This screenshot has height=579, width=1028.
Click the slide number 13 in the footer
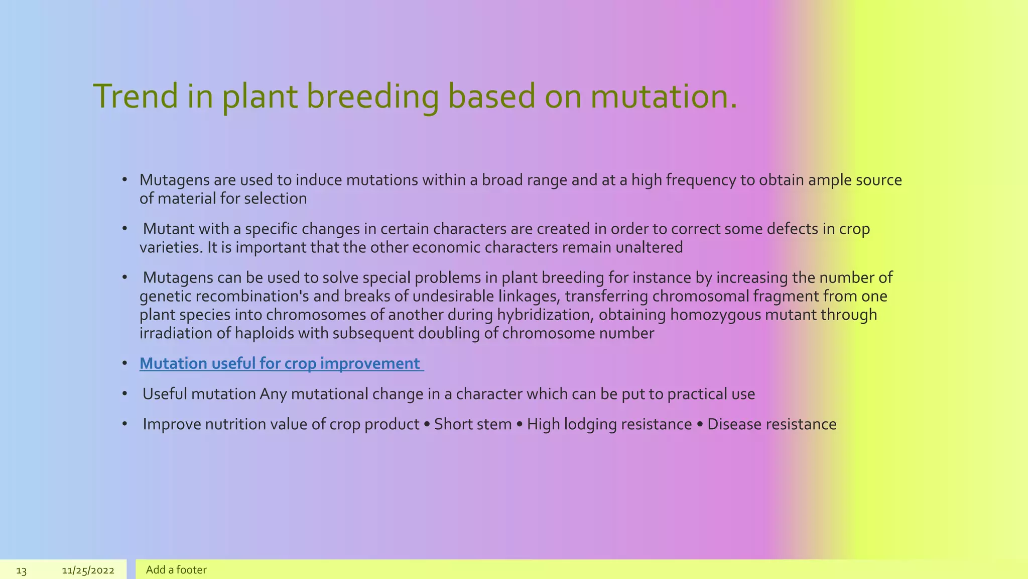pos(21,570)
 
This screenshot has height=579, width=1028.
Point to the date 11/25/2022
pos(88,570)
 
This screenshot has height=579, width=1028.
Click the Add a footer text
pos(176,570)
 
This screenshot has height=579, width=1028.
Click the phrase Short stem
pos(472,424)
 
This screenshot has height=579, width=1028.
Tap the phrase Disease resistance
pos(772,424)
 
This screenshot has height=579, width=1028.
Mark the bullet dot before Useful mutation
pos(124,395)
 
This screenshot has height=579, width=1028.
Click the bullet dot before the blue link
pos(124,364)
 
